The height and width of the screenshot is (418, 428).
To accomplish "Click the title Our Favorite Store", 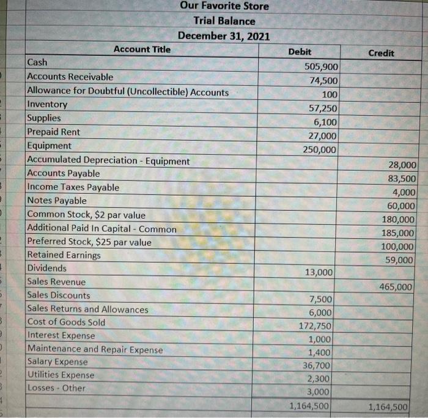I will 224,6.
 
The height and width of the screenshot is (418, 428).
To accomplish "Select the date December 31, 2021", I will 224,36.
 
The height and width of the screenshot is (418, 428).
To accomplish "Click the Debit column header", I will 300,52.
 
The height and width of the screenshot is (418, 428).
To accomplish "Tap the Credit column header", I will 381,53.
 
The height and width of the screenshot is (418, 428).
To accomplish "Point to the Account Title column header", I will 142,49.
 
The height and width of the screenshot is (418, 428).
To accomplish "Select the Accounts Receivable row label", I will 70,77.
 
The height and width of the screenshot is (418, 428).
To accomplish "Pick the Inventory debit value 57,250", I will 322,108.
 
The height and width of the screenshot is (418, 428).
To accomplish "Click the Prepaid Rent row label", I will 54,132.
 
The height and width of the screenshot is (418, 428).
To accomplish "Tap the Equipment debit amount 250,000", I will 320,150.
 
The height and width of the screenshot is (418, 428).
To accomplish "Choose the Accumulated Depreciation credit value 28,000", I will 402,165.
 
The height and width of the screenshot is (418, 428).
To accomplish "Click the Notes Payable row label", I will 57,201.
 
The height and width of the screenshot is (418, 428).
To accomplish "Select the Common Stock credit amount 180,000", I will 398,219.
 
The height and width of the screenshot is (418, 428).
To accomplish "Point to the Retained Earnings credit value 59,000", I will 400,260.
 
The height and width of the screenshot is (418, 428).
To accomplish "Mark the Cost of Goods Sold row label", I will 67,322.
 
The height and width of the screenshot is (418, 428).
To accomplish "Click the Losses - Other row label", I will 57,388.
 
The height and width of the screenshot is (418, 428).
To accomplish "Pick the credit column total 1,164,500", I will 389,406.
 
